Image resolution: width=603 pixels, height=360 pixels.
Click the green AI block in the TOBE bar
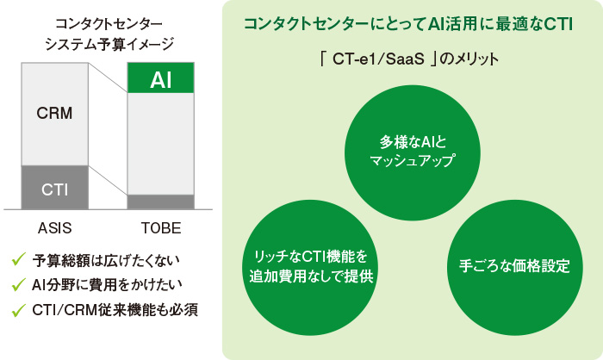pyautogui.click(x=160, y=80)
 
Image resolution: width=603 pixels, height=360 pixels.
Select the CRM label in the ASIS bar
pyautogui.click(x=53, y=112)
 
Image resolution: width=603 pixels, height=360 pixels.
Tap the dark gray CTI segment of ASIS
pyautogui.click(x=53, y=187)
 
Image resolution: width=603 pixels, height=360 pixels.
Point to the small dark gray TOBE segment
pyautogui.click(x=160, y=202)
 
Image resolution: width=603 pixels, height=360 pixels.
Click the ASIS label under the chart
pyautogui.click(x=53, y=229)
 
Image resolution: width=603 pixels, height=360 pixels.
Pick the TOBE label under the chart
pyautogui.click(x=160, y=229)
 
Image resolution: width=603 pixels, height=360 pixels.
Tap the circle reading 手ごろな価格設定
pyautogui.click(x=509, y=265)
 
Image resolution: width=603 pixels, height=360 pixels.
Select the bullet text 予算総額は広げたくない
pyautogui.click(x=107, y=259)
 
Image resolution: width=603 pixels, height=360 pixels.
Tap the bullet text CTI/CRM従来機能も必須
pyautogui.click(x=115, y=307)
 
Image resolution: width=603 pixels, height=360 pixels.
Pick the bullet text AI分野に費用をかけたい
pyautogui.click(x=107, y=283)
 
